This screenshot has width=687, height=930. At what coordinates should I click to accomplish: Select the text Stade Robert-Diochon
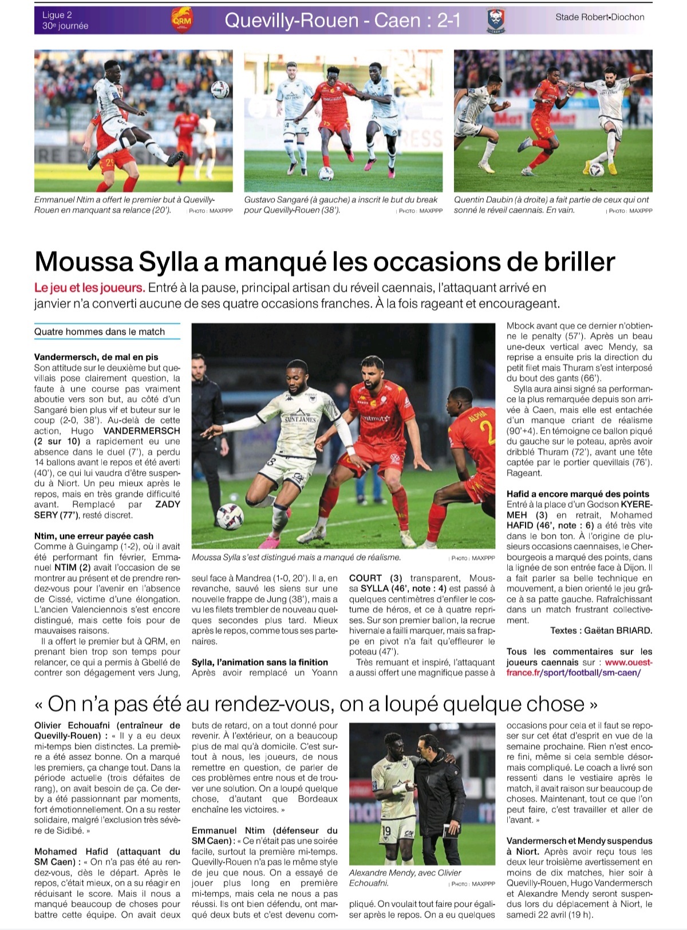click(599, 17)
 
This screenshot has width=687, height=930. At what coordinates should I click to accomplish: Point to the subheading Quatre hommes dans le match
click(100, 332)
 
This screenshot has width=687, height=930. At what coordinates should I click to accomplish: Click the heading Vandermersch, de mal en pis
click(96, 357)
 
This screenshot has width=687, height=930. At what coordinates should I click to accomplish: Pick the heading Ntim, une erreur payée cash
click(94, 536)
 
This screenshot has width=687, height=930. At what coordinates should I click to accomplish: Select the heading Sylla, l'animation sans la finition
click(260, 662)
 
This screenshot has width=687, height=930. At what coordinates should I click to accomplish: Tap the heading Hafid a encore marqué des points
click(578, 494)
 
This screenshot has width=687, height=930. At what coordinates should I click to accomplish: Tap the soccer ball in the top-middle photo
click(326, 174)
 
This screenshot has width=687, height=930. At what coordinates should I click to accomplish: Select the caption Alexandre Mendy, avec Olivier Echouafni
click(405, 878)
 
